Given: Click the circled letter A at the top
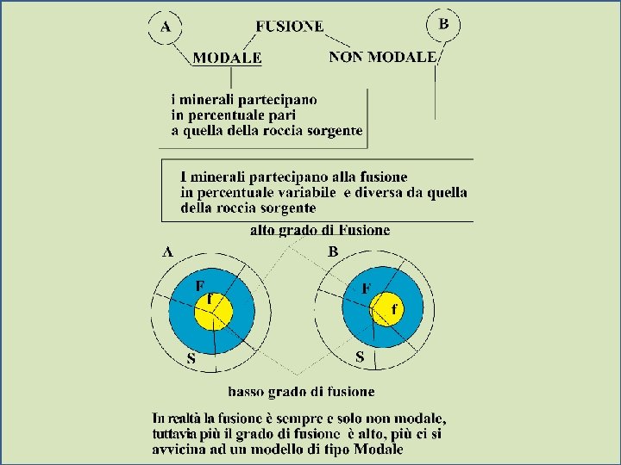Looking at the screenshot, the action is pos(165,28).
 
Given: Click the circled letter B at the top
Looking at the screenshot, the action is pos(443,24).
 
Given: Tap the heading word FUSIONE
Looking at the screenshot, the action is pos(290,26).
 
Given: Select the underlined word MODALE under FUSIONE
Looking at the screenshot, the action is pos(227,59).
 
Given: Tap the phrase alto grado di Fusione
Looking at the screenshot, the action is pos(320,230).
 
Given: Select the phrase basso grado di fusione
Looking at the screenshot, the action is pos(302,392).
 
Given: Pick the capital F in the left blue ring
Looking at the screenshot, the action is pos(199,285).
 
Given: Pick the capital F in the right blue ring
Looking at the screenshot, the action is pos(367,289).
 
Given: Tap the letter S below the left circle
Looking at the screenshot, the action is pos(191,358).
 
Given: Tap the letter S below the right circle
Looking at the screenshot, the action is pos(360,356).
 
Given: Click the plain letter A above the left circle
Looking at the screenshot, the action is pos(168,251).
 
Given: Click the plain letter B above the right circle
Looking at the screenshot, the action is pos(333,251).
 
